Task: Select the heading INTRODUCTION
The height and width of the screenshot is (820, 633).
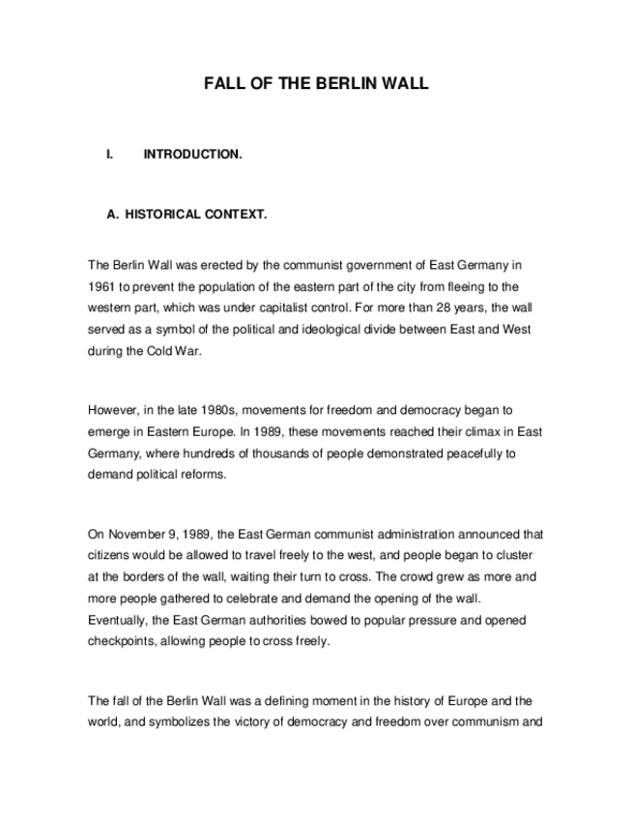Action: tap(192, 154)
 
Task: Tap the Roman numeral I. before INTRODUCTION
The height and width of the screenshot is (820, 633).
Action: tap(110, 154)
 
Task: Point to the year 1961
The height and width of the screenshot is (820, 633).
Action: tap(102, 286)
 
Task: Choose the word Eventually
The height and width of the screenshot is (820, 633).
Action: tap(120, 619)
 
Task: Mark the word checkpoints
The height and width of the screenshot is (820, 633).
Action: tap(125, 640)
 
